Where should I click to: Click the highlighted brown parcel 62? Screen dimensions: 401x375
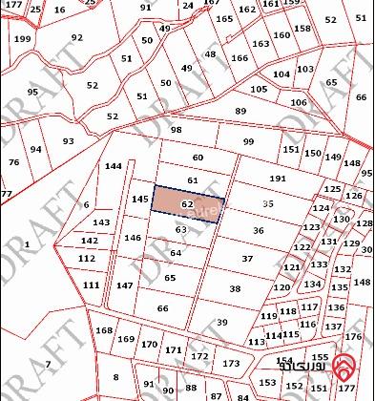(x=187, y=204)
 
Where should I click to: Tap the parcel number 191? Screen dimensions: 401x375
(x=278, y=179)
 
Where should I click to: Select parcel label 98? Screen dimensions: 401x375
(x=176, y=130)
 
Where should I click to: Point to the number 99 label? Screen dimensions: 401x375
(x=248, y=141)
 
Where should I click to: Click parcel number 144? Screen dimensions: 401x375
(x=114, y=166)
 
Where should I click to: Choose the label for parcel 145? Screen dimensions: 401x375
(x=140, y=200)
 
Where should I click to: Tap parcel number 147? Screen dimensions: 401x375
(x=124, y=285)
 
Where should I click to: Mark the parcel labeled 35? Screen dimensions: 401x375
(x=268, y=203)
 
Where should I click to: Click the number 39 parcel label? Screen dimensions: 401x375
(x=221, y=323)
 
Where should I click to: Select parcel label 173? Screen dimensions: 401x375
(x=231, y=364)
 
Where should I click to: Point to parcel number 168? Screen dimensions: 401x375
(x=104, y=330)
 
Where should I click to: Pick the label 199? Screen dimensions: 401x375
(x=22, y=39)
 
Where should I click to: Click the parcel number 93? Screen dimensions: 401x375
(x=68, y=141)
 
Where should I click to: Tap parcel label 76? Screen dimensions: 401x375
(x=13, y=162)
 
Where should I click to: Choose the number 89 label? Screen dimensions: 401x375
(x=240, y=112)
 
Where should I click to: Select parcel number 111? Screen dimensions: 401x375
(x=90, y=285)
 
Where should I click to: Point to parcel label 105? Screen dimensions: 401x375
(x=259, y=89)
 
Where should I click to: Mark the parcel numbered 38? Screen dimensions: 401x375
(x=235, y=288)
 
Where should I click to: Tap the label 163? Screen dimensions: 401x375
(x=260, y=44)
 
